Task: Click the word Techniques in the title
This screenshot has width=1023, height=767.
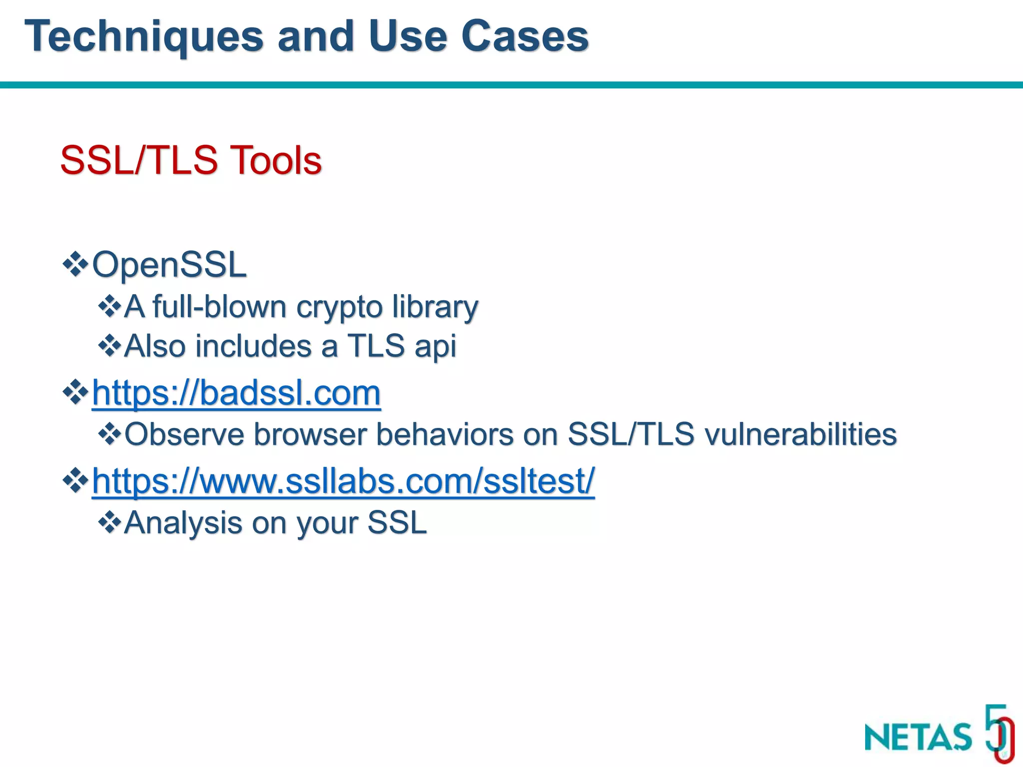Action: (x=144, y=36)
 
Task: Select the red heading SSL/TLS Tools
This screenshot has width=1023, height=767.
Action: (x=191, y=160)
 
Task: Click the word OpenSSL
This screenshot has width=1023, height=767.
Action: (x=169, y=264)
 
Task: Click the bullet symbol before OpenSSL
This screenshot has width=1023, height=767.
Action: (x=75, y=264)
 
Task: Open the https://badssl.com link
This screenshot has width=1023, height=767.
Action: (x=236, y=393)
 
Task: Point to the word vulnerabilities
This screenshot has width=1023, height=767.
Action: (x=801, y=434)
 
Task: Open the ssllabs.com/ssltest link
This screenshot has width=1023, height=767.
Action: (x=343, y=481)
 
